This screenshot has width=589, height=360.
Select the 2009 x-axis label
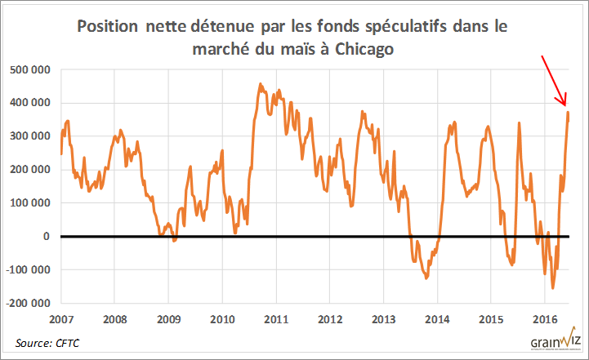click(x=168, y=318)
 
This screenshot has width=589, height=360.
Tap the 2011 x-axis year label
click(x=276, y=318)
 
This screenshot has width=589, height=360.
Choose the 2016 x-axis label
click(x=545, y=318)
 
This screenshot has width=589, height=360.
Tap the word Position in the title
click(x=106, y=26)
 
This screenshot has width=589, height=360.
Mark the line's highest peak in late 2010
click(x=261, y=84)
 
